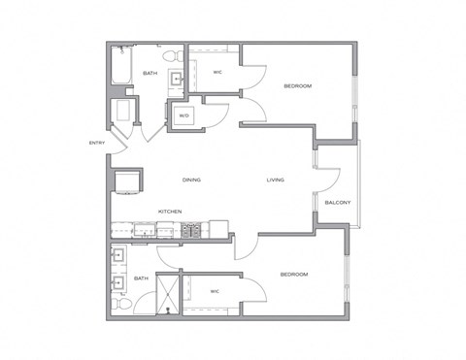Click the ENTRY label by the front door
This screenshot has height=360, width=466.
tap(96, 145)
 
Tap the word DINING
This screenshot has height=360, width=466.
tap(191, 180)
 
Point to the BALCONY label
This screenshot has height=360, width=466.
tap(337, 202)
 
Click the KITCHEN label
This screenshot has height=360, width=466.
tap(173, 212)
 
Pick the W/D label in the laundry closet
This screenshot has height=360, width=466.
tap(183, 116)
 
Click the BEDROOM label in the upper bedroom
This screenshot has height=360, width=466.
tap(298, 86)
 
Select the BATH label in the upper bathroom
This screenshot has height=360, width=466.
tap(150, 73)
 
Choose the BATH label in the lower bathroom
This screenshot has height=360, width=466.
tap(142, 278)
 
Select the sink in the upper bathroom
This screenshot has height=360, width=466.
tap(179, 78)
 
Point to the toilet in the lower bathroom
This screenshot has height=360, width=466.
tap(118, 303)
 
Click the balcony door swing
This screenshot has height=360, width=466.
tap(328, 180)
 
